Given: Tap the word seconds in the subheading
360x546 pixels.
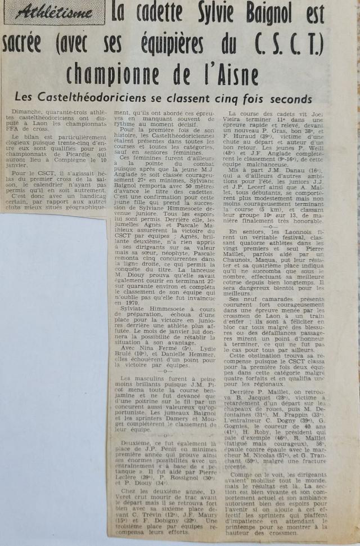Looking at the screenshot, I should click(287, 99).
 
